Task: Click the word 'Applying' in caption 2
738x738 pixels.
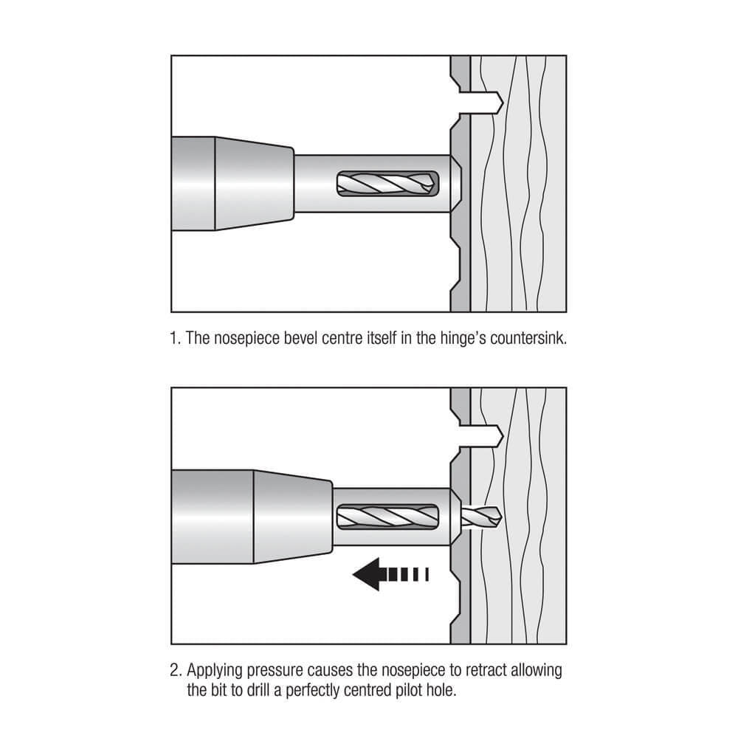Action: coord(213,671)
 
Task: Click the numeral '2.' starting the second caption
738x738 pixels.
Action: coord(176,671)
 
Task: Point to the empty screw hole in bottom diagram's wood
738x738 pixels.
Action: coord(483,436)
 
